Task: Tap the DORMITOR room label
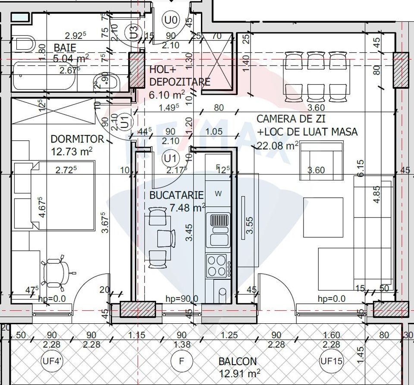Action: click(77, 139)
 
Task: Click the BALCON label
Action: click(237, 361)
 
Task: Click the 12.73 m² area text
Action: click(71, 151)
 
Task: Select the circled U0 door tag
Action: click(171, 19)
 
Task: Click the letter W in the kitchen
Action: click(218, 194)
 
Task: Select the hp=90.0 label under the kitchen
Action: click(182, 299)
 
